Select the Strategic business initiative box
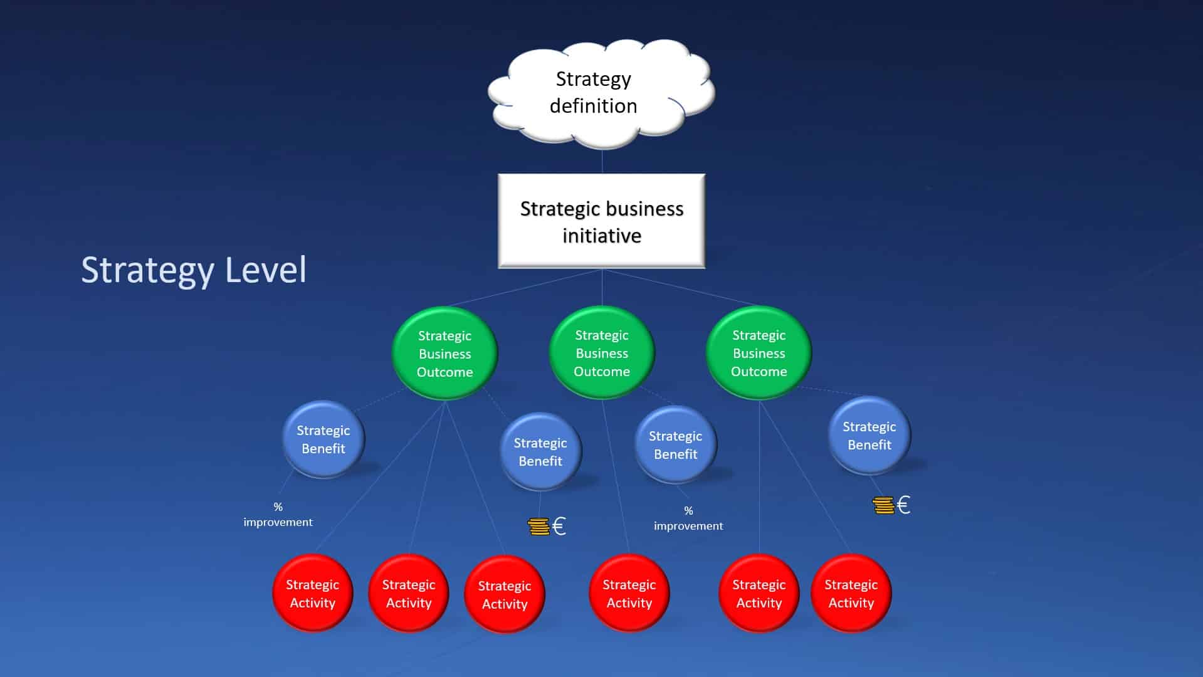(x=601, y=221)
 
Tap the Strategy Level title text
(x=194, y=270)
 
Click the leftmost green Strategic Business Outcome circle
(x=445, y=354)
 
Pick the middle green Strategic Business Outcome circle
(x=602, y=353)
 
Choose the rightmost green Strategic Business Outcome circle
(x=759, y=353)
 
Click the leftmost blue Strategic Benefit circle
(x=323, y=439)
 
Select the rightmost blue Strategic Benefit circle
(x=869, y=436)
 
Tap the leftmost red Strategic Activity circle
(x=312, y=594)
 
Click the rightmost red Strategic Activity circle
(x=851, y=594)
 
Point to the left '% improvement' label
(x=278, y=515)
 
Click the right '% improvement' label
(x=688, y=518)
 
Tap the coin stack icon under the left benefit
(x=538, y=527)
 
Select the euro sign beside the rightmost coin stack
(x=903, y=505)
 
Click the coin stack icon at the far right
(x=883, y=505)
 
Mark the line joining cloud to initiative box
(x=602, y=162)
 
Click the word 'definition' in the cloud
(x=593, y=106)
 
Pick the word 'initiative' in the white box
(x=601, y=236)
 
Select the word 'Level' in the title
(x=266, y=270)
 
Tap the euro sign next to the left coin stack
(x=559, y=527)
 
